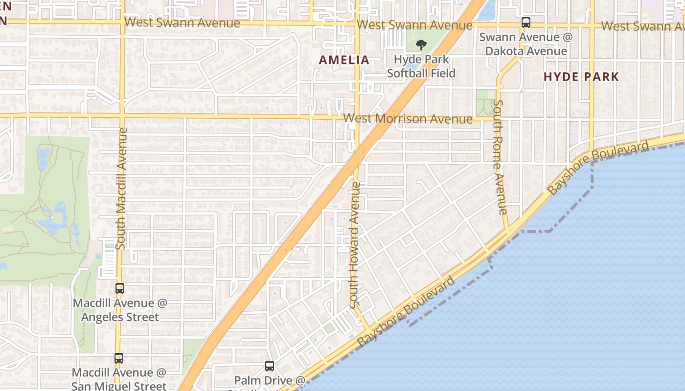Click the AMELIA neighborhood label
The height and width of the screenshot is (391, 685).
coord(344,60)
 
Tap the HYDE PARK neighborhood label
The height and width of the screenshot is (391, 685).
coord(581,77)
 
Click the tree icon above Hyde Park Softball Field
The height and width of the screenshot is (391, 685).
coord(420,45)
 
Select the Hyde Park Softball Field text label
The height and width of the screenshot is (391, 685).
coord(421,66)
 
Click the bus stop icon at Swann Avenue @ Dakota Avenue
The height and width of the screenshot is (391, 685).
coord(526,22)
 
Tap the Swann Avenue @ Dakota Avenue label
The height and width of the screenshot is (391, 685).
coord(525,44)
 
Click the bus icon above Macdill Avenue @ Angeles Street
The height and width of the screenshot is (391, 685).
coord(120,288)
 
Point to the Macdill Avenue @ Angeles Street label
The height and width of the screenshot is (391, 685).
coord(120,310)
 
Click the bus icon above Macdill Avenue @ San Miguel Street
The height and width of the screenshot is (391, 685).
coord(119,358)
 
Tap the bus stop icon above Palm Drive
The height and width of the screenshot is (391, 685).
coord(270,366)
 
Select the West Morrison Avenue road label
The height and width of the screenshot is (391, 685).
coord(408,119)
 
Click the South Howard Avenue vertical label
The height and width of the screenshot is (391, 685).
coord(355,244)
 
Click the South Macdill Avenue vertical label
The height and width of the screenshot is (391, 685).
coord(121,188)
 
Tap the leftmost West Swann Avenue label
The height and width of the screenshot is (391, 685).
coord(182,22)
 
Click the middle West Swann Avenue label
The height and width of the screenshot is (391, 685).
coord(414,25)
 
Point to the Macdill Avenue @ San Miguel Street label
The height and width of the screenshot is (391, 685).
coord(119,379)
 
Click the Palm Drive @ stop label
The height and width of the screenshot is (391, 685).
coord(270,380)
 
